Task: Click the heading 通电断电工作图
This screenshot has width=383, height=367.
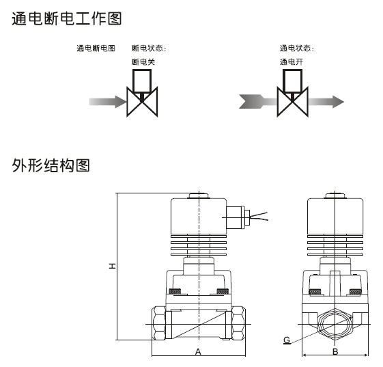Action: pyautogui.click(x=67, y=18)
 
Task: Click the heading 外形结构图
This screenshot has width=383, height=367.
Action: pyautogui.click(x=51, y=165)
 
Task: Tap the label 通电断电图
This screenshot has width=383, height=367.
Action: pyautogui.click(x=96, y=48)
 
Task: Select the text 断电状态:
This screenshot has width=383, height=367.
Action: pyautogui.click(x=149, y=48)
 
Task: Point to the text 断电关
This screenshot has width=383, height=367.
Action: pyautogui.click(x=143, y=62)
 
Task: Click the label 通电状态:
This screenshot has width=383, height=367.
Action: pyautogui.click(x=296, y=48)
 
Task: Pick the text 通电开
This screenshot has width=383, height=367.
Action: pyautogui.click(x=291, y=62)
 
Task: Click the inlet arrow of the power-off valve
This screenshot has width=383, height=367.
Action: pyautogui.click(x=108, y=102)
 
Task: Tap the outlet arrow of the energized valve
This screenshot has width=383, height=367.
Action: pyautogui.click(x=326, y=102)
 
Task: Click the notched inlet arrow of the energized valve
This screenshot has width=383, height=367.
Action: pyautogui.click(x=258, y=101)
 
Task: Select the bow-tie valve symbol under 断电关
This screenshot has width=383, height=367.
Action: pyautogui.click(x=142, y=102)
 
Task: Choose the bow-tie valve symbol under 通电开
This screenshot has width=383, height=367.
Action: pyautogui.click(x=293, y=102)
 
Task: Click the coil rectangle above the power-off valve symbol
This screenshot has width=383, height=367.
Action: pyautogui.click(x=142, y=81)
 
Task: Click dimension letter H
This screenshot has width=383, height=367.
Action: pyautogui.click(x=112, y=266)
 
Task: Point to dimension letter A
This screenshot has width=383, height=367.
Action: pyautogui.click(x=198, y=351)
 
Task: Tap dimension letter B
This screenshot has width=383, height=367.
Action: pyautogui.click(x=335, y=351)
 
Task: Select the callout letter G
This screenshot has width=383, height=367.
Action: pyautogui.click(x=287, y=340)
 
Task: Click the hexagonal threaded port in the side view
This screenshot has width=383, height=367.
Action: pyautogui.click(x=335, y=324)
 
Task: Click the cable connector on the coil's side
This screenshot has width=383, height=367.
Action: pyautogui.click(x=238, y=217)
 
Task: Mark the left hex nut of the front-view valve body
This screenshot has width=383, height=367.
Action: pyautogui.click(x=158, y=323)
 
